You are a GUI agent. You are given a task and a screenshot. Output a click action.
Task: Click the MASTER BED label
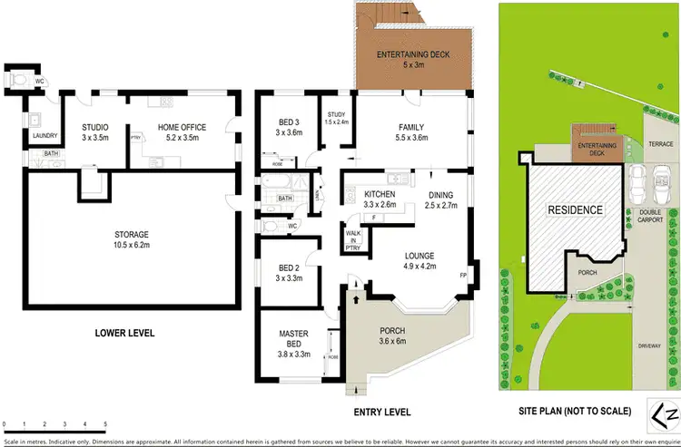point(293,340)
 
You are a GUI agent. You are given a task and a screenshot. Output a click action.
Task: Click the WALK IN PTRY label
point(353,239)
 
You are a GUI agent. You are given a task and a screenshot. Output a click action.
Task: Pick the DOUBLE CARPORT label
point(651,216)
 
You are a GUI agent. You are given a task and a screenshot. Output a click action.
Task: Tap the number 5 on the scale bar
point(106,424)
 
